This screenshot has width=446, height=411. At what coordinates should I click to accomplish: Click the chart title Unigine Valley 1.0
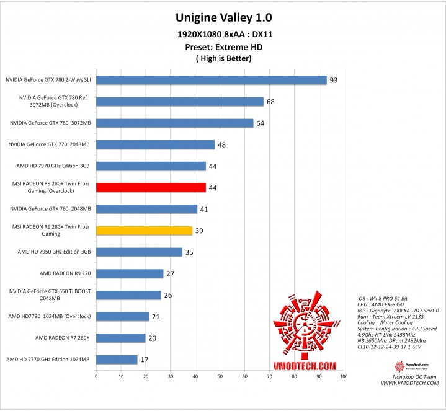pos(223,17)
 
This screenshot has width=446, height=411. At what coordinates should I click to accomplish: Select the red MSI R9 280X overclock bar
pos(151,187)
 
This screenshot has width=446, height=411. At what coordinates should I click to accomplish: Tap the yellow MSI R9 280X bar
pos(144,231)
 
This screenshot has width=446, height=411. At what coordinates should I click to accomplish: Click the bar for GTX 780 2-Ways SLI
pos(211,80)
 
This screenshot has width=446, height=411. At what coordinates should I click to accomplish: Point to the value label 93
pos(334,80)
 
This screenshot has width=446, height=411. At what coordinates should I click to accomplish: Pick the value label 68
pos(271,102)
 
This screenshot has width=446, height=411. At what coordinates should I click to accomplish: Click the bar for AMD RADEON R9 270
pos(130,273)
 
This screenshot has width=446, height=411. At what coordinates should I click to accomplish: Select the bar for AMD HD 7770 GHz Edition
pos(117,360)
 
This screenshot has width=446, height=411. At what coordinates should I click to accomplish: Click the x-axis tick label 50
pos(220,376)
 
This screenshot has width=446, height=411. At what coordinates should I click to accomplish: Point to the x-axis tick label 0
pos(96,376)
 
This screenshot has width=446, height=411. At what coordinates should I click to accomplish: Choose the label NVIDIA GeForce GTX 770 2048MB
pos(49,144)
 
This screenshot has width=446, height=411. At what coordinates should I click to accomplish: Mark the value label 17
pos(145,360)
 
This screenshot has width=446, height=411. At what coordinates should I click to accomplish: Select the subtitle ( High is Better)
pos(223,58)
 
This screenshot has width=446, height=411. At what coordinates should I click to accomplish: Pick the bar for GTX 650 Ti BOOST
pos(128,295)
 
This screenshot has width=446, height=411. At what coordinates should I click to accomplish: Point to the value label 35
pos(189,252)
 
